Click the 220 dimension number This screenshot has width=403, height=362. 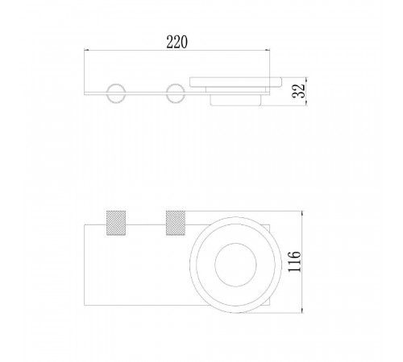coord(177,42)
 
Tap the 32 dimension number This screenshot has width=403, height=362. coord(299,91)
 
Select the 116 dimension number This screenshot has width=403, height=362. coord(294,261)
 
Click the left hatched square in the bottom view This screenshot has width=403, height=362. coord(116,223)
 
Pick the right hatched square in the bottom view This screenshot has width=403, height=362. coord(176,223)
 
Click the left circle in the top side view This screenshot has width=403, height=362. coord(107,93)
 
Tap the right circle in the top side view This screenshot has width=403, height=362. coord(166,93)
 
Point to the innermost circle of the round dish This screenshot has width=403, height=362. coord(215,265)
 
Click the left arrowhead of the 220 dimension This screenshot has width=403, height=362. coord(86,50)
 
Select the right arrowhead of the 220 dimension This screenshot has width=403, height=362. coord(268,50)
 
